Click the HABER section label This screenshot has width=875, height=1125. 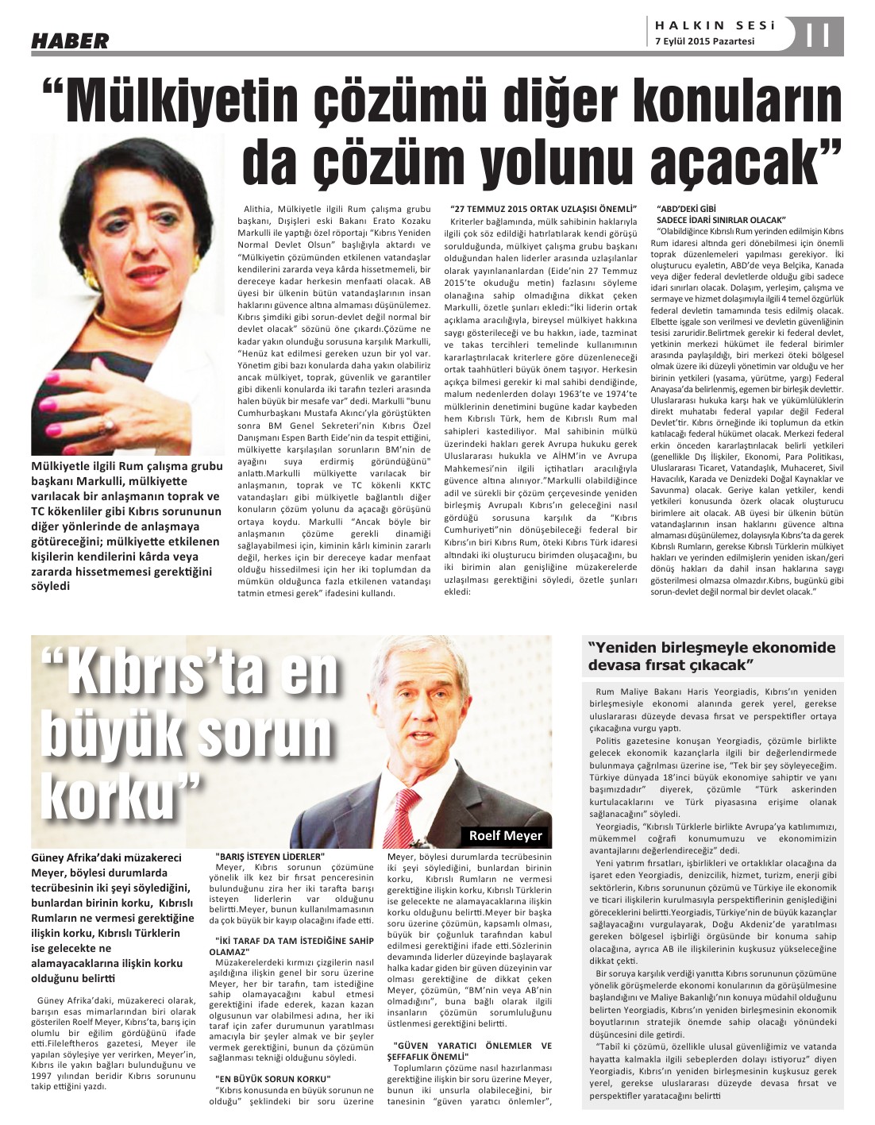[70, 40]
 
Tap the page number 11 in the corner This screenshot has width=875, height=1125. [818, 36]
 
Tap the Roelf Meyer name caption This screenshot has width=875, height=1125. [505, 835]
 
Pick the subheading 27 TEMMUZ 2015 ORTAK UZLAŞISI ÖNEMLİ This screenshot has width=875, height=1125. [543, 207]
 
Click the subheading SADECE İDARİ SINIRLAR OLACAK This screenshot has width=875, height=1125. [720, 218]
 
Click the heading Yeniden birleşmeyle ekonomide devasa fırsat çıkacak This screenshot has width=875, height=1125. [711, 656]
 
